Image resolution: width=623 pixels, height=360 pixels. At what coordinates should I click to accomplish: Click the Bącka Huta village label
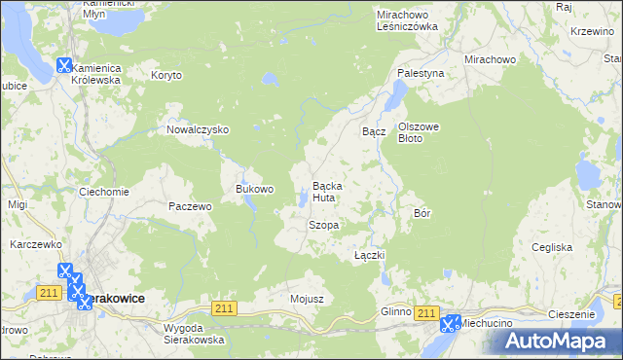click(324, 192)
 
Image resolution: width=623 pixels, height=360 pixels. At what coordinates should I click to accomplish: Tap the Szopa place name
click(323, 225)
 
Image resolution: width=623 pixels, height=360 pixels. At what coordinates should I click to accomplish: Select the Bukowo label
click(255, 189)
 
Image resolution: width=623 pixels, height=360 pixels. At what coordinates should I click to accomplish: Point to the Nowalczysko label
click(198, 129)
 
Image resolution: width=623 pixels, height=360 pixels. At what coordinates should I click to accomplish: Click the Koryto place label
click(167, 74)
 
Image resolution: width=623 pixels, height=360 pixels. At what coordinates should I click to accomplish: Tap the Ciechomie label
click(104, 192)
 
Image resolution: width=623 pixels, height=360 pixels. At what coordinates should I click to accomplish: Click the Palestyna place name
click(421, 73)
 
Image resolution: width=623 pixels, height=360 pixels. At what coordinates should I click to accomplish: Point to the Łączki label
click(371, 255)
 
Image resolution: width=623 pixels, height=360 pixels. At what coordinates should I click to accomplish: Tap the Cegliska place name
click(552, 247)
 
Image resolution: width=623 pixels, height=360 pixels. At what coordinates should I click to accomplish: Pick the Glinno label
click(397, 311)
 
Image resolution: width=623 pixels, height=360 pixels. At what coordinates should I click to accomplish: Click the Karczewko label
click(36, 244)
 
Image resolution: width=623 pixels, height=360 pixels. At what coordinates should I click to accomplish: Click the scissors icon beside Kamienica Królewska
click(64, 66)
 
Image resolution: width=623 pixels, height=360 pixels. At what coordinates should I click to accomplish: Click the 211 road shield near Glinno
click(425, 311)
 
